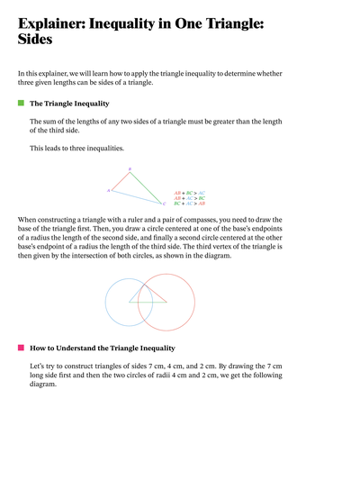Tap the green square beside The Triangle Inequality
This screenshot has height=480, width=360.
[21, 104]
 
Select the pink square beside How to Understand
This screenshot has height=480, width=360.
[21, 347]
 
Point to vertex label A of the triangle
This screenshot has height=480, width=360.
[108, 191]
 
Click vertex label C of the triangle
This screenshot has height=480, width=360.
[153, 205]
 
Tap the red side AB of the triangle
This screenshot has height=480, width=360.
[121, 182]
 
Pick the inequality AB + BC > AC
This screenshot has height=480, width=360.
[189, 193]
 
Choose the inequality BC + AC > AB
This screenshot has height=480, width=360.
[189, 204]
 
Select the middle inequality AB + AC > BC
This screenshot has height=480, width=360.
[189, 198]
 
